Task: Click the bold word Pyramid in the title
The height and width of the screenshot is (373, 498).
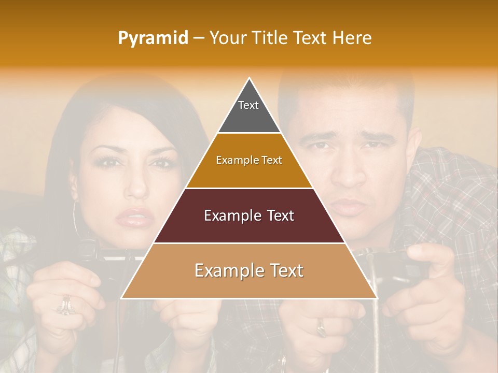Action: tap(153, 38)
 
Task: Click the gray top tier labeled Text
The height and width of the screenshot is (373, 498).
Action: tap(249, 111)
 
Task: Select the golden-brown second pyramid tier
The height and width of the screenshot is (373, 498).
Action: tap(249, 161)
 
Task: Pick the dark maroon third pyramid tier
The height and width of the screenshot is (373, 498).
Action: tap(249, 216)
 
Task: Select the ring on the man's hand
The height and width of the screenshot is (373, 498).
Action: tap(322, 327)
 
